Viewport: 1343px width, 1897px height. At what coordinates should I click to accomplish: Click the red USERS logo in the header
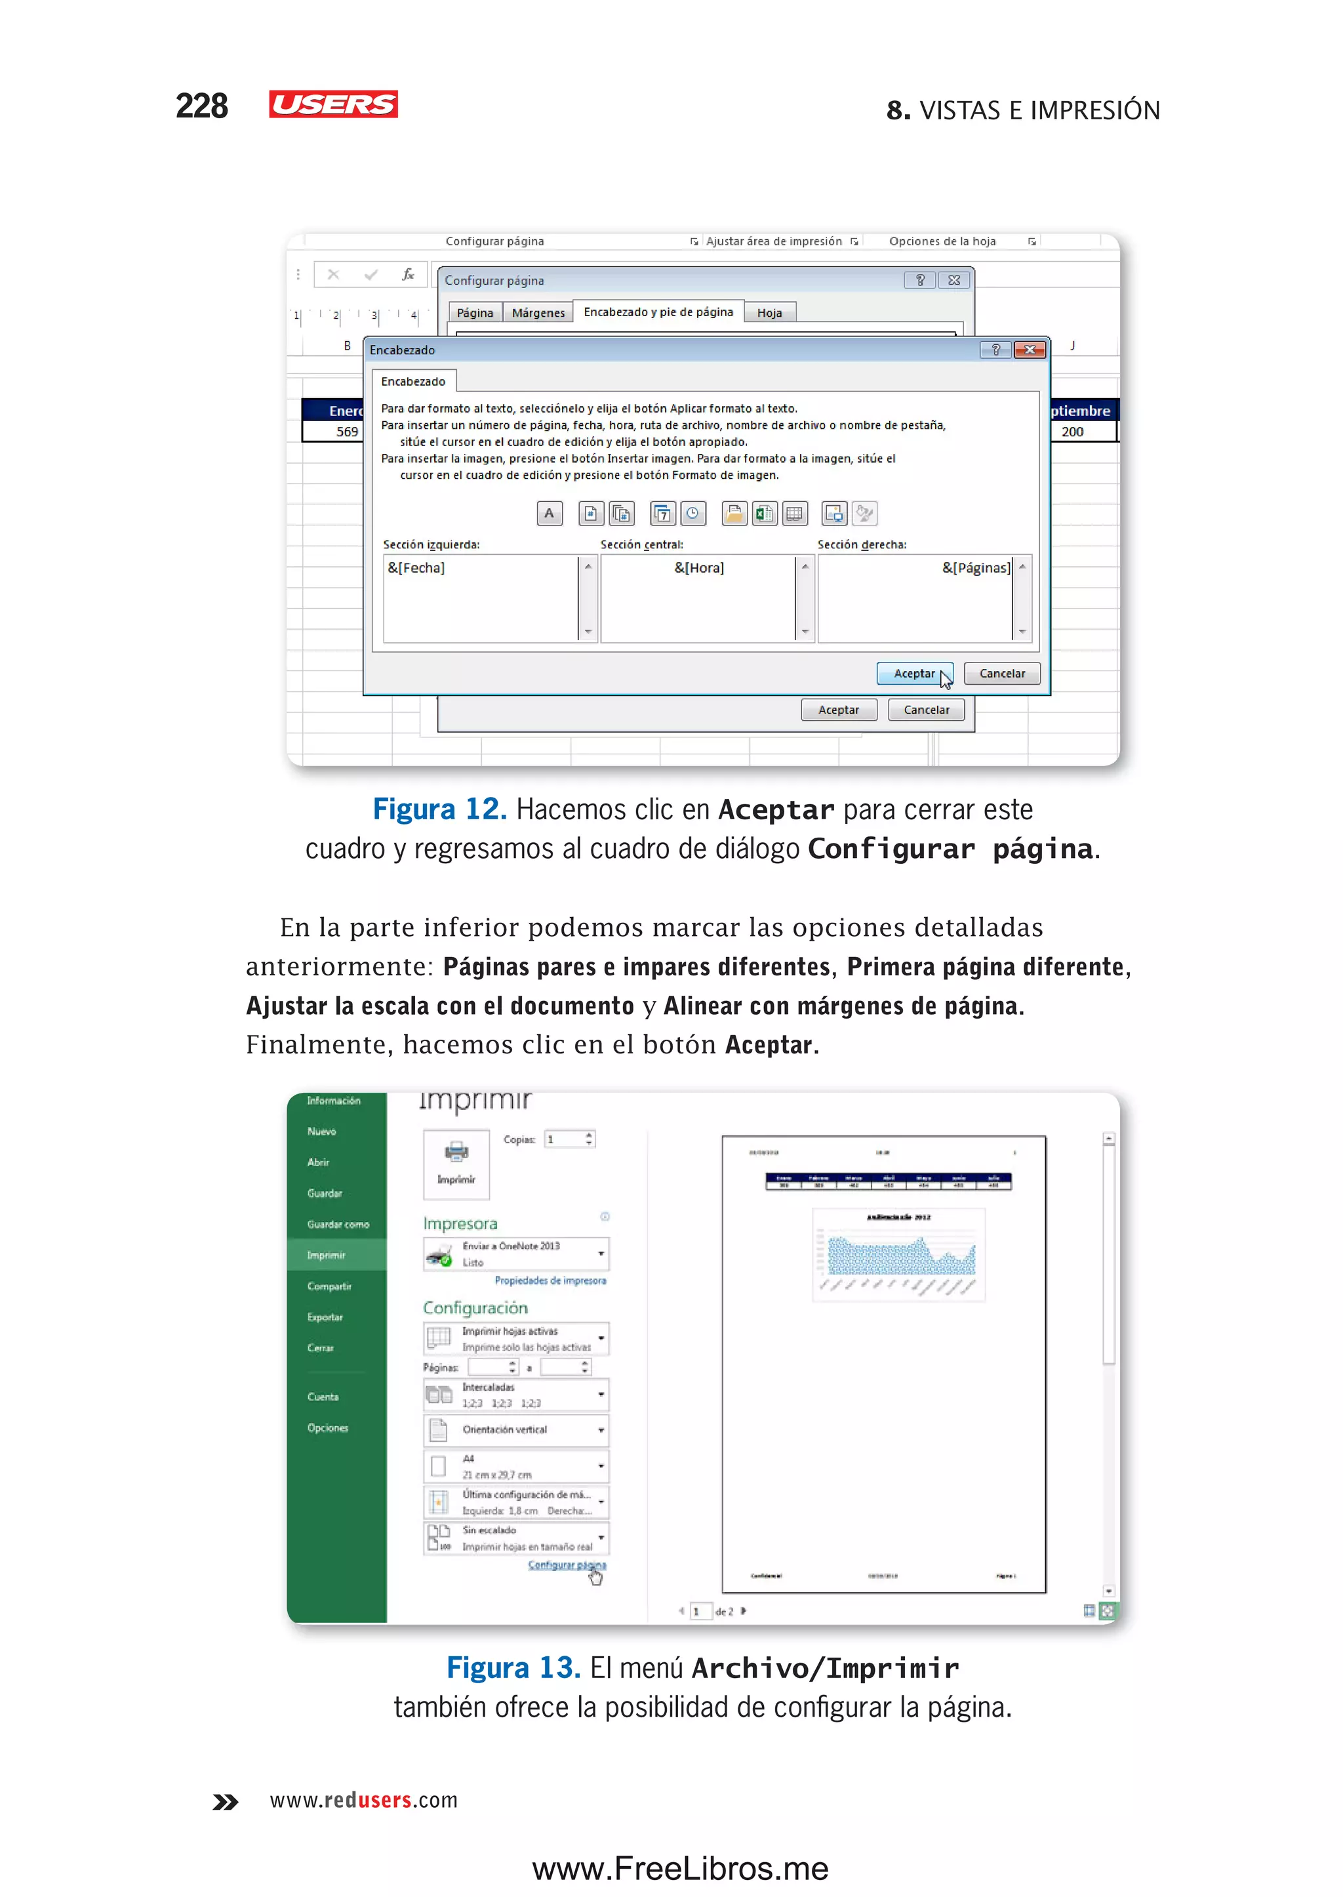click(333, 104)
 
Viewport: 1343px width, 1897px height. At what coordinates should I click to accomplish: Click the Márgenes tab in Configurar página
click(538, 313)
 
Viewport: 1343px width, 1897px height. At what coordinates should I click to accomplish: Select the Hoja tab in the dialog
click(769, 313)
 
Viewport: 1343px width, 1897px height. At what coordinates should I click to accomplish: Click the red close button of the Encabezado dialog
click(1030, 350)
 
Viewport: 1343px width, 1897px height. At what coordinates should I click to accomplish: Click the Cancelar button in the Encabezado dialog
click(1001, 674)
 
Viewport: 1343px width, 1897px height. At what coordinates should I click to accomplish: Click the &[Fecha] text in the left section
click(416, 567)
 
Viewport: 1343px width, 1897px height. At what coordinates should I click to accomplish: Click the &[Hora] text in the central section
click(699, 567)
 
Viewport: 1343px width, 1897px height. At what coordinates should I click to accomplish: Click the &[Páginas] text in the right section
click(976, 567)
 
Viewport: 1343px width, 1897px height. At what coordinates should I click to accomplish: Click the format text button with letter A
click(549, 514)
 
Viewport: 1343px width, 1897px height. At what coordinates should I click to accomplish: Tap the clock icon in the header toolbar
click(693, 514)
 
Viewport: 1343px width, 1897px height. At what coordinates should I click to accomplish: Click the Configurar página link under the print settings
click(567, 1564)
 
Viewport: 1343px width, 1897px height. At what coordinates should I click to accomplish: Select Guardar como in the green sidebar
click(338, 1225)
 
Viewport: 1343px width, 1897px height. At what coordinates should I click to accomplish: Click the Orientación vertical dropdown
click(517, 1429)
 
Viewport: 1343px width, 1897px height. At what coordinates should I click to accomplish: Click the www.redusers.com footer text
click(364, 1800)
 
